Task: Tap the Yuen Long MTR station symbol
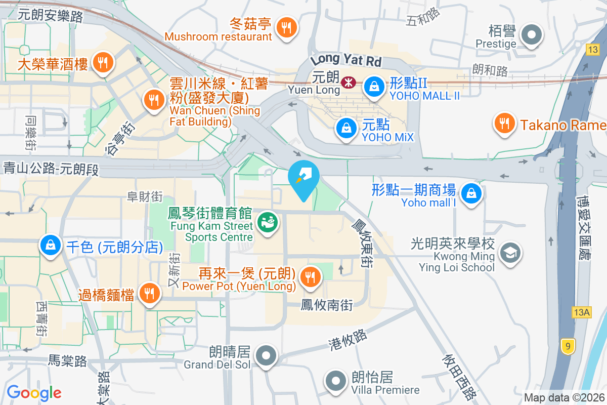click(348, 83)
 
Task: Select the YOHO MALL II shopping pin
click(374, 86)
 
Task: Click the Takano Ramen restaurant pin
click(503, 123)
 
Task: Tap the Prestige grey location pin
click(531, 36)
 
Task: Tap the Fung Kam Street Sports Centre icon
click(268, 223)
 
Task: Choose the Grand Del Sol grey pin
click(266, 356)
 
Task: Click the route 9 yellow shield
click(568, 347)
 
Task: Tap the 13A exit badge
click(582, 312)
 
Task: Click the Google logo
click(34, 392)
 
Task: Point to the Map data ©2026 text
click(564, 398)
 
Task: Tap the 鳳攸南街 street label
click(326, 305)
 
